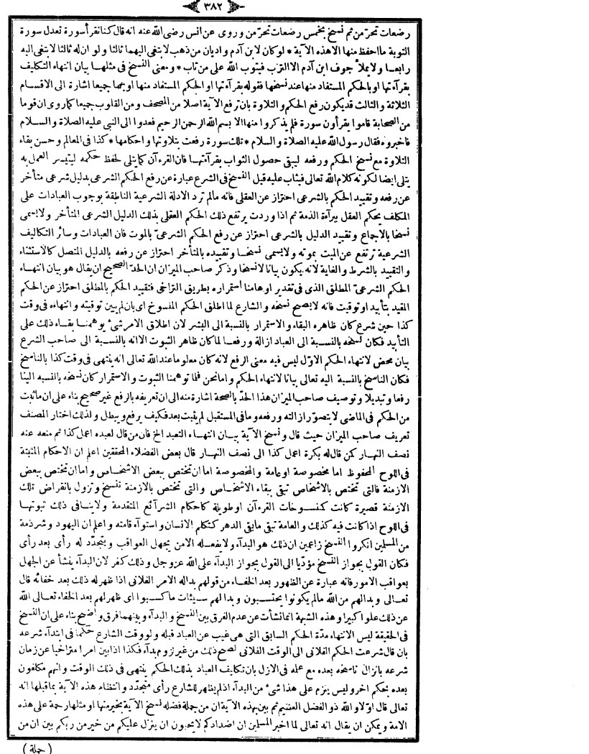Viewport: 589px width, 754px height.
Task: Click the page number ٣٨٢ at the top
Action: click(295, 9)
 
